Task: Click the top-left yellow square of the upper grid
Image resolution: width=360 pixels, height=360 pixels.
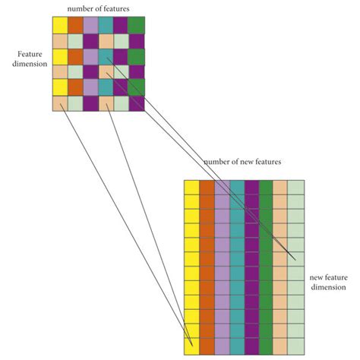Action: pyautogui.click(x=60, y=26)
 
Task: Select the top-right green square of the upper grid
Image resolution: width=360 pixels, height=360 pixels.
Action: pyautogui.click(x=137, y=26)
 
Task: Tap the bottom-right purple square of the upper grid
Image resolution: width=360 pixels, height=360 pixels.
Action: pyautogui.click(x=137, y=104)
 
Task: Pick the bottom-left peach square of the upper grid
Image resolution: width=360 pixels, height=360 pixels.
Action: pyautogui.click(x=60, y=104)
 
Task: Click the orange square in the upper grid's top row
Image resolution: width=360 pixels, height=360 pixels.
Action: pyautogui.click(x=75, y=26)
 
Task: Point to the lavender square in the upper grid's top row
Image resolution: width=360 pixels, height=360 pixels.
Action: pyautogui.click(x=90, y=26)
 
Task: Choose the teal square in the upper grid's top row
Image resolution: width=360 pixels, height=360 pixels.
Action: pyautogui.click(x=106, y=26)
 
